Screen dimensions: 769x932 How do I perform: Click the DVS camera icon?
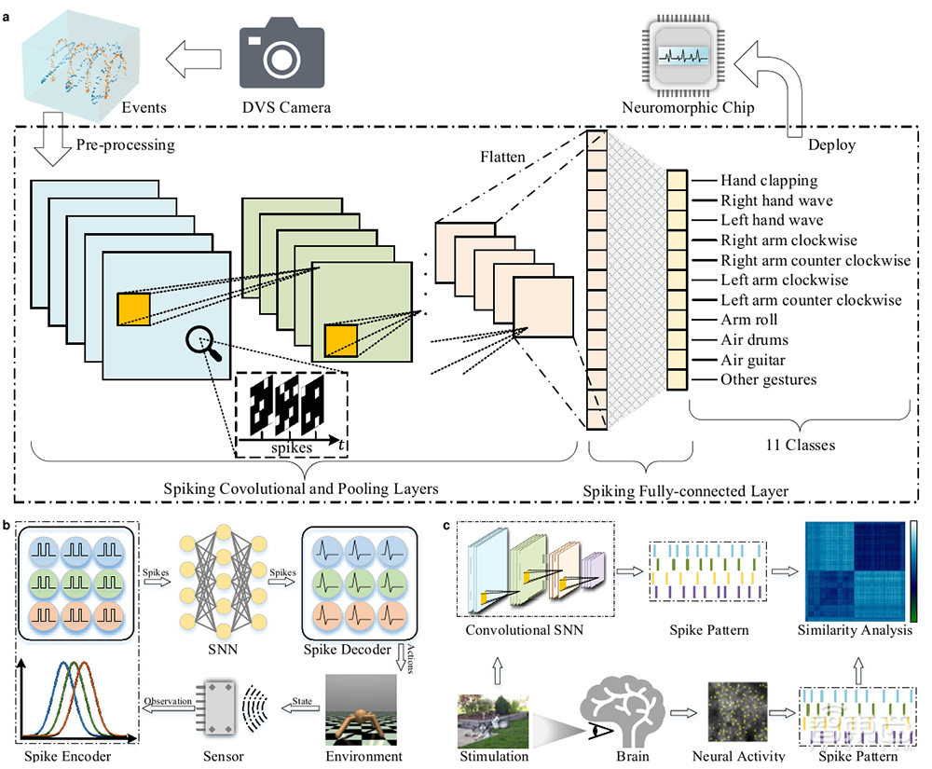coord(281,57)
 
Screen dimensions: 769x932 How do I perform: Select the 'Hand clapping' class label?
coord(769,180)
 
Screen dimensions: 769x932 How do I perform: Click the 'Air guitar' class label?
coord(754,360)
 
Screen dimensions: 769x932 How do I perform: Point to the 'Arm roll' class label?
coord(749,320)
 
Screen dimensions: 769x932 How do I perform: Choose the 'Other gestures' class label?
coord(768,379)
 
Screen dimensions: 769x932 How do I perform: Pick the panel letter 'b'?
coord(8,524)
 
